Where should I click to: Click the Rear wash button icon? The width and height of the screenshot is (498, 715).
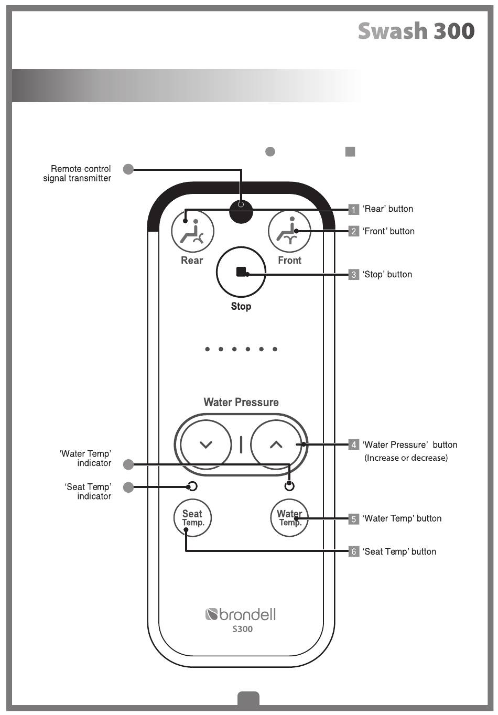point(192,231)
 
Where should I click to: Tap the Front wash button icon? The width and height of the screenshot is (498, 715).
point(289,231)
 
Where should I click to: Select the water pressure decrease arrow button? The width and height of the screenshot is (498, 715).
point(205,445)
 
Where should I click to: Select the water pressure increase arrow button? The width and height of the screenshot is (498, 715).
point(276,445)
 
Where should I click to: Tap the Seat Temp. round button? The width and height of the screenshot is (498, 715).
point(192,517)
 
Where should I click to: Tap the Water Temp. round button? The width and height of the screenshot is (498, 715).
point(289,517)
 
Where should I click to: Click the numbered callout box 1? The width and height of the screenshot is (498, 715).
point(353,209)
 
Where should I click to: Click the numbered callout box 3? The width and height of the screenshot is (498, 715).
point(353,275)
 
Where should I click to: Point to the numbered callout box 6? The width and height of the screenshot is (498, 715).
point(353,551)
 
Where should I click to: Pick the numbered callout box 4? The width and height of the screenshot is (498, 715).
point(353,445)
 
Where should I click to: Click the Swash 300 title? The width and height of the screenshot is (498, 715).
point(416,31)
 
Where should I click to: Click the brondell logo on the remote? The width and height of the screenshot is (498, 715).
point(241,614)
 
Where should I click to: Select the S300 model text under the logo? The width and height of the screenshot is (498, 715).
point(242,629)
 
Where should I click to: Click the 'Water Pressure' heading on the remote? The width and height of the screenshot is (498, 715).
point(241,402)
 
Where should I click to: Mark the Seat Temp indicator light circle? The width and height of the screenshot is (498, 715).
point(192,486)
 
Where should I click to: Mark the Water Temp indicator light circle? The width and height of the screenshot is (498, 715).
point(289,486)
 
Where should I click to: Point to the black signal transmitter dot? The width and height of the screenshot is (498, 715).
point(241,211)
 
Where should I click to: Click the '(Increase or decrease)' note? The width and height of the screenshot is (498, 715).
point(406,458)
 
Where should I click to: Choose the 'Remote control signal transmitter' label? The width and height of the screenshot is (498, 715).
point(77,174)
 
